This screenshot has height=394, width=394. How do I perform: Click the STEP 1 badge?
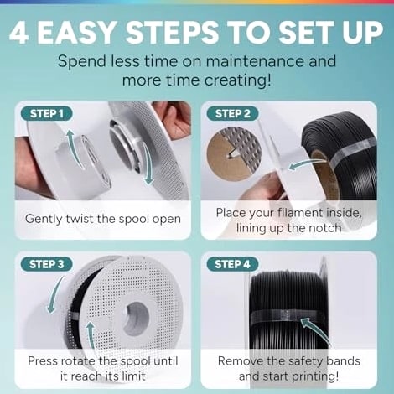pyautogui.click(x=46, y=113)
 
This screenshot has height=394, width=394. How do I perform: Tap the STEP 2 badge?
pyautogui.click(x=232, y=113)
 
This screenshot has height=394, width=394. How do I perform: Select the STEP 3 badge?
pyautogui.click(x=46, y=264)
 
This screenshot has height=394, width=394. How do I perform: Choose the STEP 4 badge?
pyautogui.click(x=232, y=264)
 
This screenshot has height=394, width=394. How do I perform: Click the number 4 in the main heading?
pyautogui.click(x=18, y=32)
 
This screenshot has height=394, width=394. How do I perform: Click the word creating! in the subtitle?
pyautogui.click(x=238, y=80)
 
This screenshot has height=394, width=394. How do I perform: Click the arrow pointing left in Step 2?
pyautogui.click(x=306, y=163)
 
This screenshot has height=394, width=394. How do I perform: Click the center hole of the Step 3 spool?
pyautogui.click(x=137, y=319)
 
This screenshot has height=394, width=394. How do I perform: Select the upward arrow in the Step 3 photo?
pyautogui.click(x=91, y=334)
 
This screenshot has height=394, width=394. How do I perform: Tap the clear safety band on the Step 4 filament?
pyautogui.click(x=288, y=316)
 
